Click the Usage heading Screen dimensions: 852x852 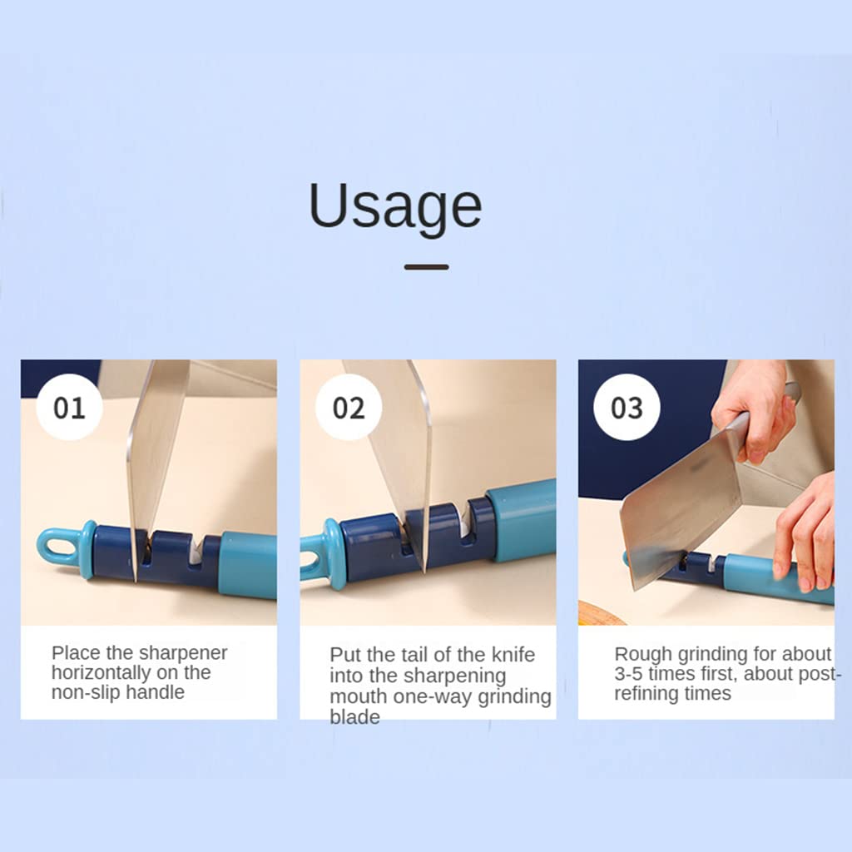pyautogui.click(x=395, y=207)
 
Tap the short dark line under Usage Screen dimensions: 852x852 pyautogui.click(x=427, y=267)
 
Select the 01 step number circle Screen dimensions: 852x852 pyautogui.click(x=70, y=407)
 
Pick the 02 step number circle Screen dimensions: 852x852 pyautogui.click(x=349, y=407)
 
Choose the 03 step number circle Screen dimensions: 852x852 pyautogui.click(x=627, y=407)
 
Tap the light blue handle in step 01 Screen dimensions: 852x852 pyautogui.click(x=247, y=565)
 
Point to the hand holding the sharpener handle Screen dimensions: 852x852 pyautogui.click(x=805, y=532)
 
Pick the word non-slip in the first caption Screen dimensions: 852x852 pyautogui.click(x=86, y=692)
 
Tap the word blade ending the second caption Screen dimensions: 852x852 pyautogui.click(x=354, y=716)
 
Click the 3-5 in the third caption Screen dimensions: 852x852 pyautogui.click(x=629, y=674)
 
